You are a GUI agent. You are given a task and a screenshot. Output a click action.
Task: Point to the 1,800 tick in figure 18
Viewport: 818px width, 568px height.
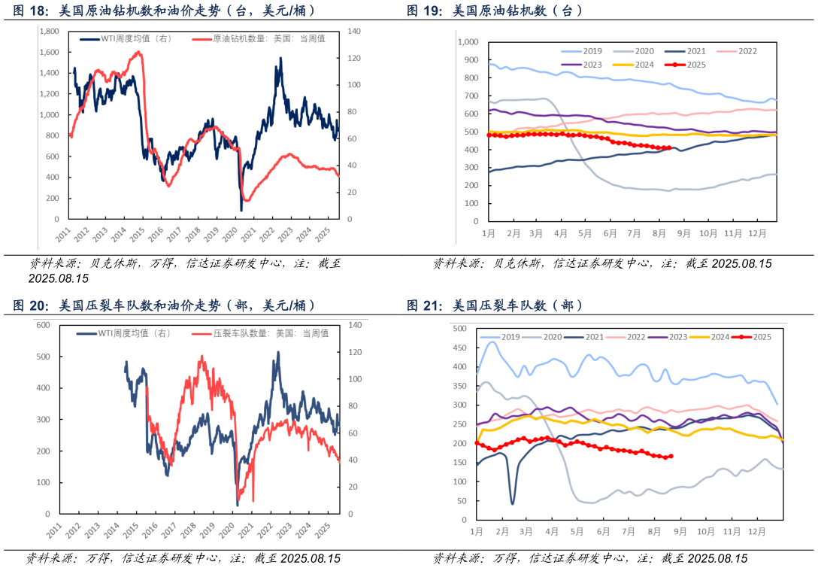49,32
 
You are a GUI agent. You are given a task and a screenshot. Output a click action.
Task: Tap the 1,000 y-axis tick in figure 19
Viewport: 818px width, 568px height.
468,42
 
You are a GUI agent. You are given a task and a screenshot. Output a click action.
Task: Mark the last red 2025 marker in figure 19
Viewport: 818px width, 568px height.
668,148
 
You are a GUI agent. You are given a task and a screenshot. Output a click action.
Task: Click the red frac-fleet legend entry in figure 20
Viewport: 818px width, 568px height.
271,333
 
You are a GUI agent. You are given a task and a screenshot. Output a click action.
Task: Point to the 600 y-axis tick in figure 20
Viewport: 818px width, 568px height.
42,325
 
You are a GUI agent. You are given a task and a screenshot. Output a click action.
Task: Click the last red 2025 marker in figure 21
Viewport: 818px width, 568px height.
671,456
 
